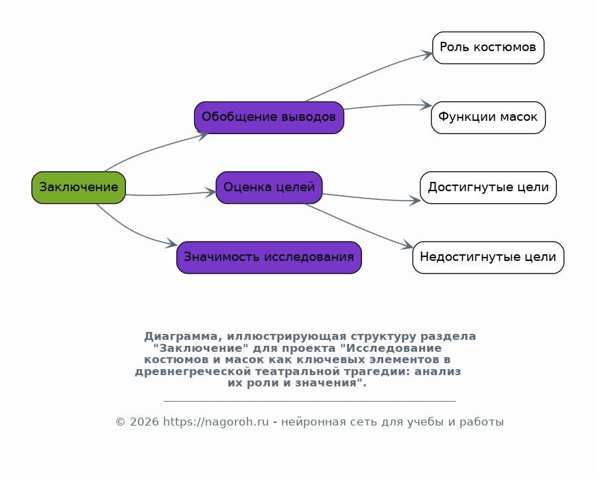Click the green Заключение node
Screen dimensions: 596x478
[79, 188]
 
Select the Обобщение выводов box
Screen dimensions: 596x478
[269, 118]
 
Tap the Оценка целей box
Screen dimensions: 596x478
[269, 188]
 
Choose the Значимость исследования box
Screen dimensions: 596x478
[269, 258]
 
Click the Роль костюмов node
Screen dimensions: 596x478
[488, 48]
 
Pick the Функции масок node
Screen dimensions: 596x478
[488, 118]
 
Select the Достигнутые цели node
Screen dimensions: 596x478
[488, 188]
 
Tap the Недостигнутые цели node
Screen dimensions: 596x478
[488, 258]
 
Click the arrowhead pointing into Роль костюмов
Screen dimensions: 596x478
[427, 55]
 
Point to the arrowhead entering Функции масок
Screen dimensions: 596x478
[426, 106]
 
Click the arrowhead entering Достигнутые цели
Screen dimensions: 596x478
[415, 200]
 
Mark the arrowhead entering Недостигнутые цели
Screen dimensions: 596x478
[408, 245]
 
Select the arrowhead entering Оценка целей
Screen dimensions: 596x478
[211, 192]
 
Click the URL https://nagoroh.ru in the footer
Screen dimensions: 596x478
[216, 422]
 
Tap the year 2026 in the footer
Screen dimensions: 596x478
[144, 422]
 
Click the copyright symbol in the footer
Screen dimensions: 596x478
[120, 422]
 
